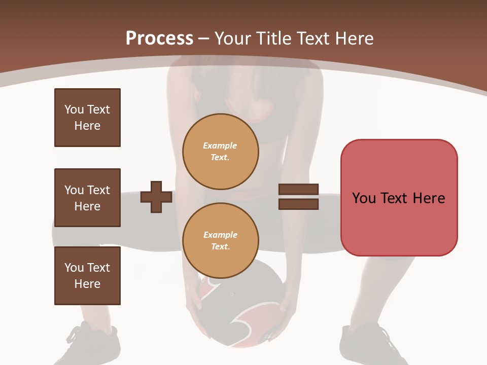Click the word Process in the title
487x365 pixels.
tap(159, 38)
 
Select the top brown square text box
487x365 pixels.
tap(87, 118)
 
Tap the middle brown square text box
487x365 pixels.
tap(87, 198)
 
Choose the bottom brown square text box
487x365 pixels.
tap(87, 276)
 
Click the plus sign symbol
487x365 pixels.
tap(156, 197)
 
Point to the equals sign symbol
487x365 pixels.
tap(298, 197)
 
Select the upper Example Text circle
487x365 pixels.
tap(221, 151)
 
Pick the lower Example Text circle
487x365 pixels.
tap(221, 240)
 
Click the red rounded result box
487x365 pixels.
tap(399, 198)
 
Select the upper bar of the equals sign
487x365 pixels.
tap(298, 190)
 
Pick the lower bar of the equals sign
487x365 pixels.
tap(298, 204)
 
